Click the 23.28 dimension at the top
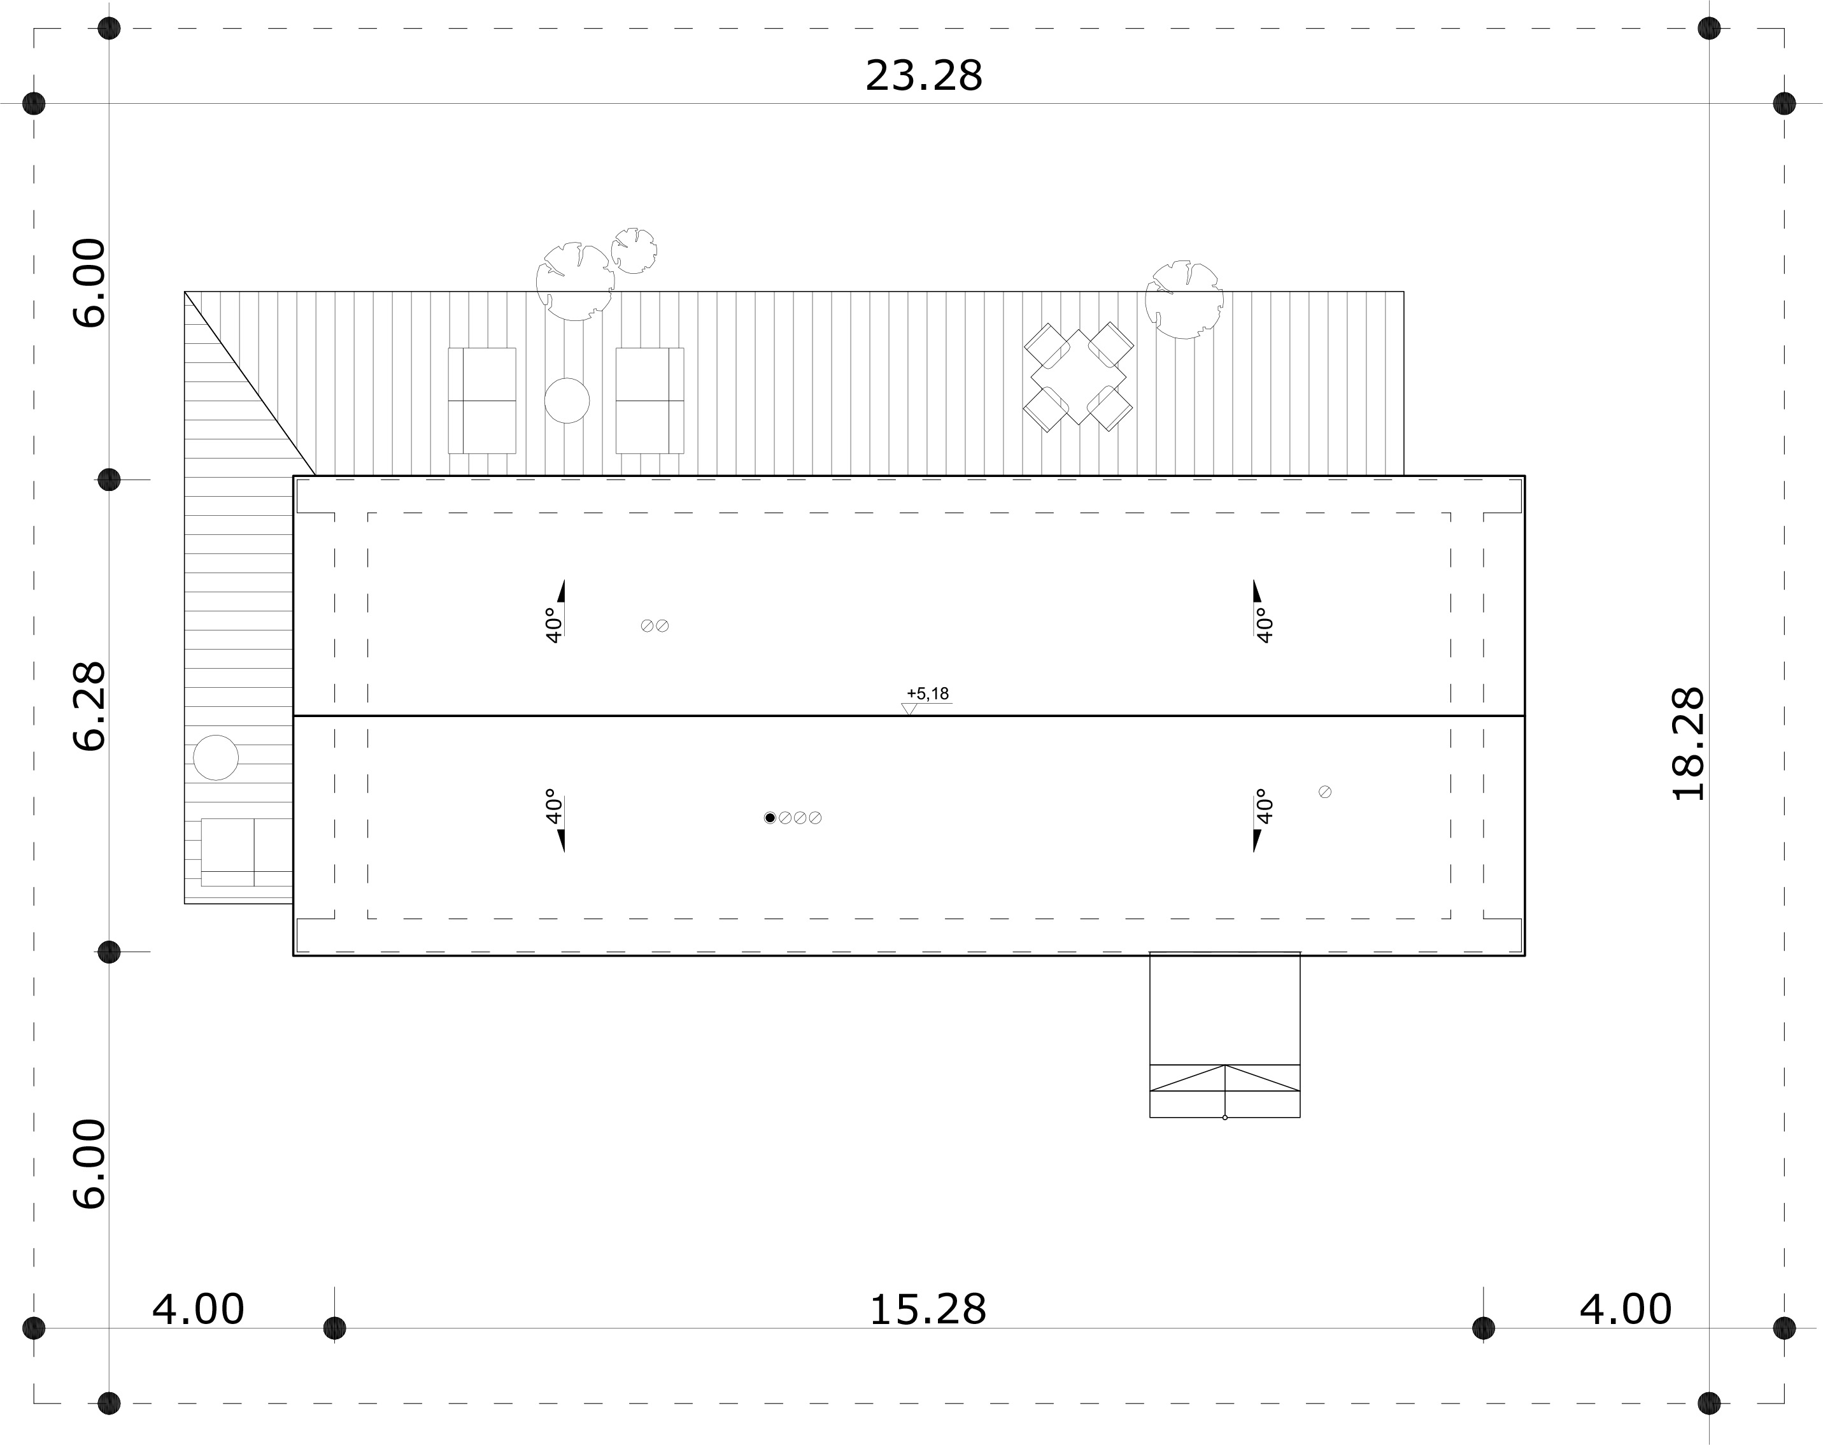[x=923, y=76]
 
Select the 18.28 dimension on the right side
[x=1689, y=744]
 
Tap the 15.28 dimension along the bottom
[x=928, y=1310]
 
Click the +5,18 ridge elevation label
[x=928, y=694]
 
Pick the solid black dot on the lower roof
[x=769, y=818]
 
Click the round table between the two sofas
[x=567, y=401]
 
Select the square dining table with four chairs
[x=1078, y=377]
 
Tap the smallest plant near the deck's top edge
[x=634, y=250]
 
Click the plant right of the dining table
[x=1184, y=300]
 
